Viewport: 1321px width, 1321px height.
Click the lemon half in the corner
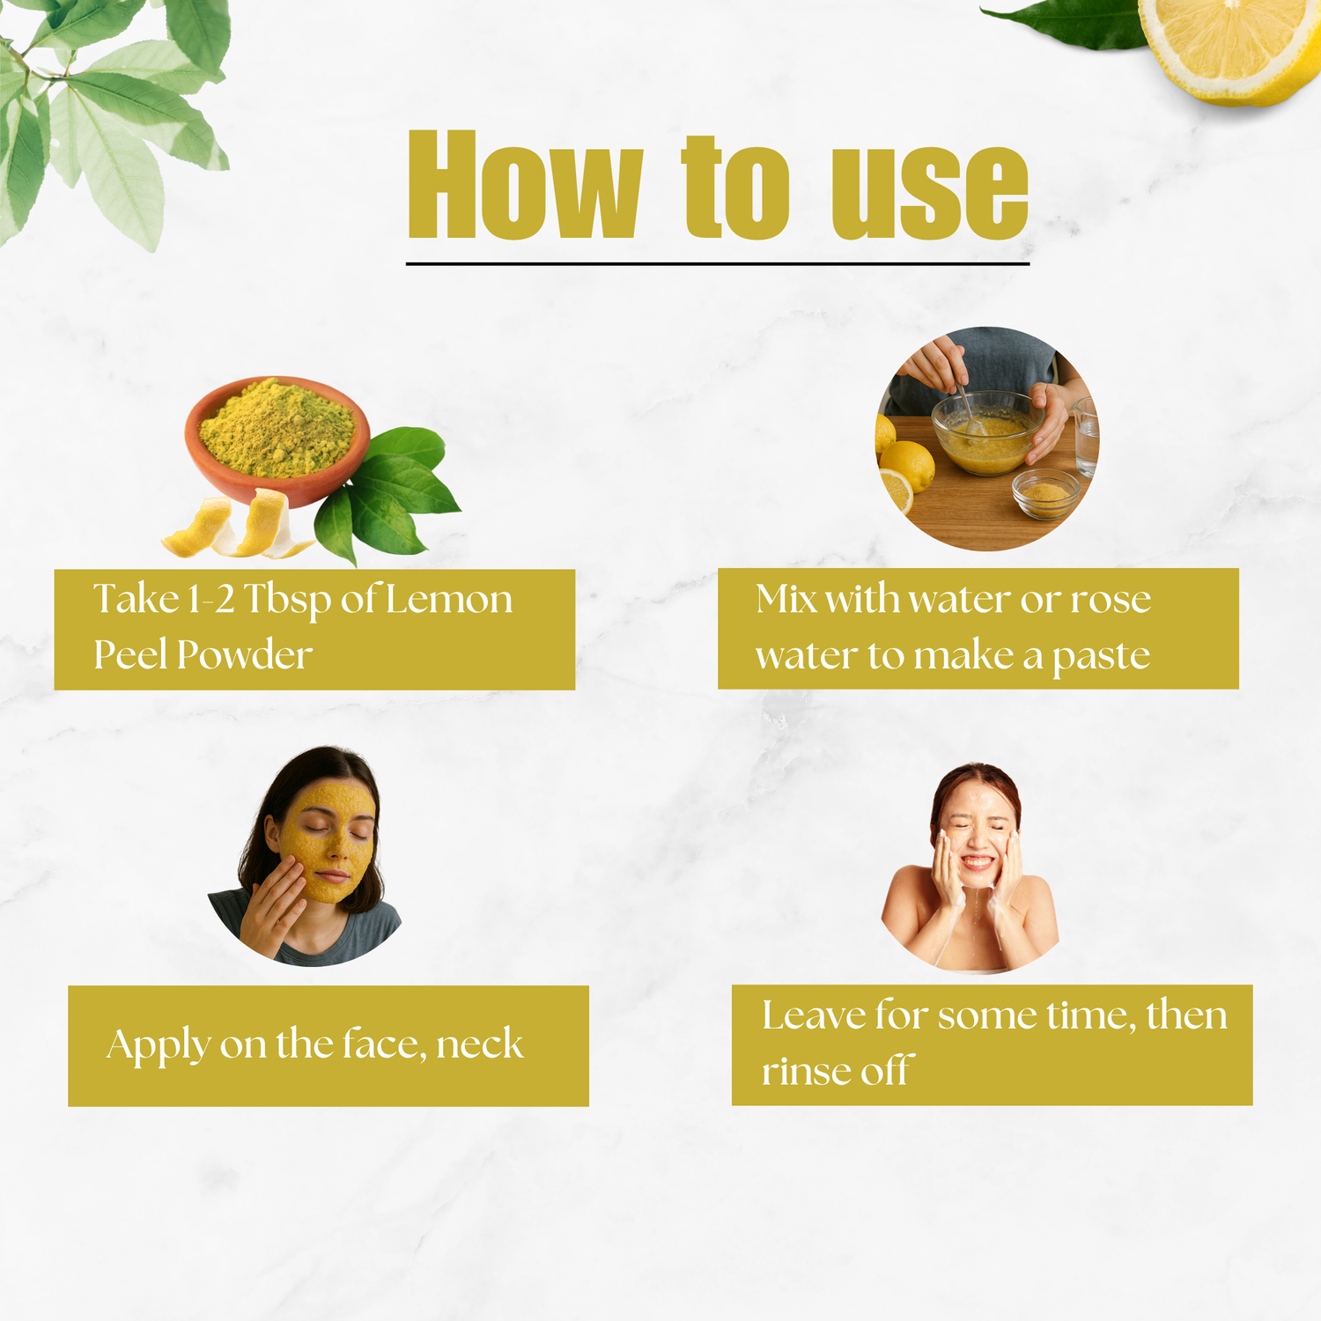[x=1232, y=48]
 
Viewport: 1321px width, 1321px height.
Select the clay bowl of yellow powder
[x=277, y=440]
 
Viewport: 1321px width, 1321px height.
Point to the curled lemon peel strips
[x=233, y=526]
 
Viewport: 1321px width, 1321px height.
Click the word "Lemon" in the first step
[x=449, y=600]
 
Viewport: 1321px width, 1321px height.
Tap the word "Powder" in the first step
[x=245, y=655]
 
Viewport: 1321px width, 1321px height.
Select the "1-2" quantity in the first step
[x=211, y=600]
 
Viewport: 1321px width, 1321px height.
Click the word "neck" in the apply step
[x=480, y=1044]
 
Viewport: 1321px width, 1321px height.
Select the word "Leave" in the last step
[x=814, y=1015]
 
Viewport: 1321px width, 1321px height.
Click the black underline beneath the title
[x=718, y=263]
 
